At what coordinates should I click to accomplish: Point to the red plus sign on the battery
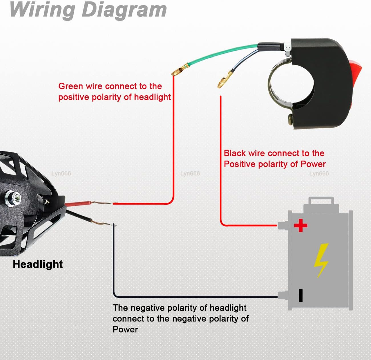[301, 225]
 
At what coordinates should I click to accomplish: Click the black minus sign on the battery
[301, 295]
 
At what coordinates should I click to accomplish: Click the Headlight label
[38, 264]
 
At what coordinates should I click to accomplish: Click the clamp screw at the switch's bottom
[291, 119]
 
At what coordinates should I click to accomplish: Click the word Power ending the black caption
[125, 329]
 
